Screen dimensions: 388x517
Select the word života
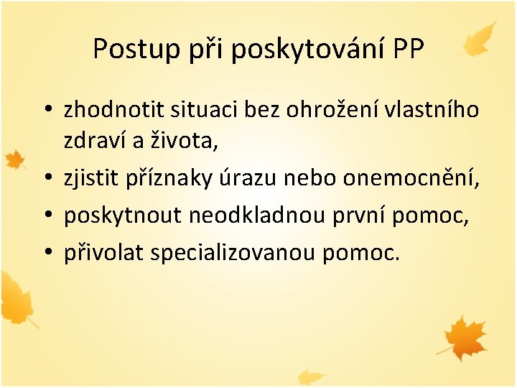[x=188, y=142]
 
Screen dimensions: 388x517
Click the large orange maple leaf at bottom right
[x=465, y=336]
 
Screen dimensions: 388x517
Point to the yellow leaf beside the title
[x=480, y=39]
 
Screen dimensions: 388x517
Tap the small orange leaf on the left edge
[x=14, y=160]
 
